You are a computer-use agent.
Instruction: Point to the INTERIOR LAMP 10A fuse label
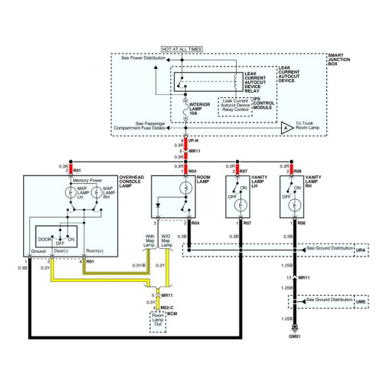201,107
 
